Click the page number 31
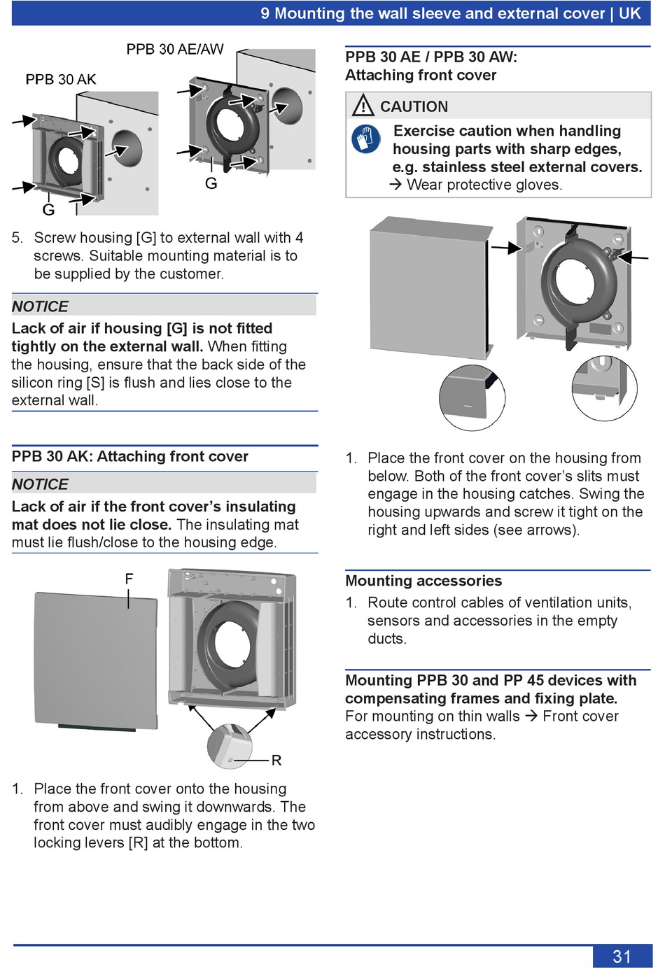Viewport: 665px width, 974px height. [x=622, y=957]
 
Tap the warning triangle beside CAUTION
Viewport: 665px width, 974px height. [x=363, y=106]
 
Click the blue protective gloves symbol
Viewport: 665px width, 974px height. [x=366, y=139]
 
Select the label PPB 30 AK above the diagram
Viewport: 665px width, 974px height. [x=61, y=79]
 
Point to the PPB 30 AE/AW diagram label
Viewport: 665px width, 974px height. [x=175, y=49]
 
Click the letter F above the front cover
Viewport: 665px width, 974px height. [x=129, y=579]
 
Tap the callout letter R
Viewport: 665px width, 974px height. [x=276, y=760]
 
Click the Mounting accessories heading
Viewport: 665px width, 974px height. [x=423, y=581]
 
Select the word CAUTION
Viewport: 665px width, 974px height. [x=414, y=106]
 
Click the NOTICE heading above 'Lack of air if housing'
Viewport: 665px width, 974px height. [x=40, y=306]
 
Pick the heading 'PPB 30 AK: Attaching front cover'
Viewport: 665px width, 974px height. [x=130, y=456]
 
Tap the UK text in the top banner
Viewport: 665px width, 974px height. [x=629, y=13]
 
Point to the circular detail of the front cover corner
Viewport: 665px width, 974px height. [x=472, y=397]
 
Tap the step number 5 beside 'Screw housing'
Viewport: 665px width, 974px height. [x=17, y=238]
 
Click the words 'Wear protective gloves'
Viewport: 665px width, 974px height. [x=484, y=185]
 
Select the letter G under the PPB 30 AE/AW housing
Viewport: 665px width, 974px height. [x=211, y=183]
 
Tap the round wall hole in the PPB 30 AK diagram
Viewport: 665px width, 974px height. [x=127, y=147]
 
